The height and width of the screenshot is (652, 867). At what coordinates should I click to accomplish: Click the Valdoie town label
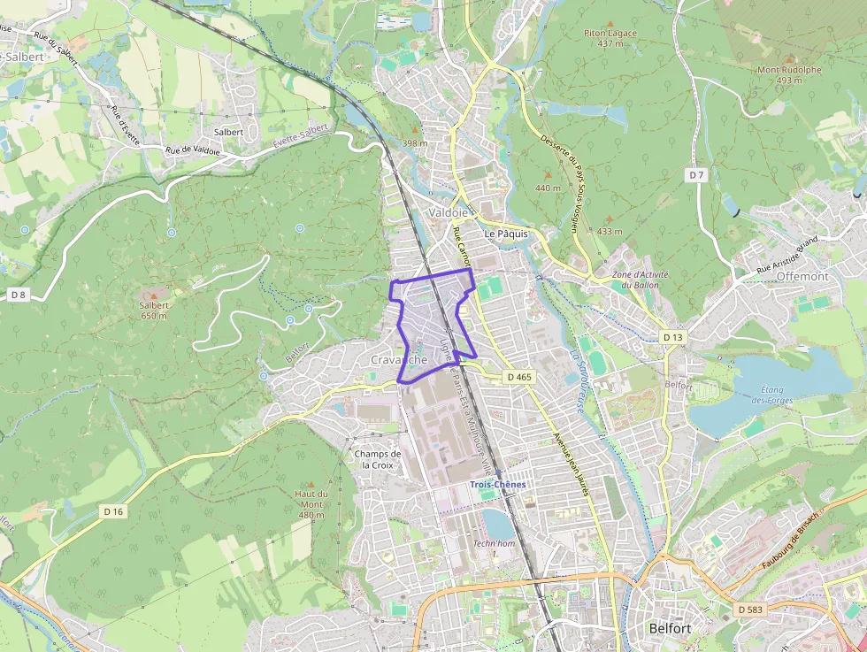tap(448, 213)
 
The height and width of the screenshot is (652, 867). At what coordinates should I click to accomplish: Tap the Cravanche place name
tap(399, 360)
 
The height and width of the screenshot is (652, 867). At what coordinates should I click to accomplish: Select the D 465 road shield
tap(520, 377)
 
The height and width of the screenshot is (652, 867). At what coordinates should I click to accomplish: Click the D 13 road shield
tap(673, 337)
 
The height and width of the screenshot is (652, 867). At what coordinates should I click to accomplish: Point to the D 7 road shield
tap(697, 175)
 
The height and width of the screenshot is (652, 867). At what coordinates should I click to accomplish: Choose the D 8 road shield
tap(18, 293)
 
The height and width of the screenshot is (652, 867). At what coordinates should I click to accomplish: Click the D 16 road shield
tap(112, 510)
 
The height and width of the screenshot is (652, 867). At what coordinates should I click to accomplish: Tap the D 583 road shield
tap(748, 610)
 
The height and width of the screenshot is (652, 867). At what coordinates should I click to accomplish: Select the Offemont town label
tap(802, 276)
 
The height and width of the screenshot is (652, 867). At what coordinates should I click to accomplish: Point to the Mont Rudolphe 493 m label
tap(788, 74)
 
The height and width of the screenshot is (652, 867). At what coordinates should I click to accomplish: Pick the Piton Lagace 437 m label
tap(610, 38)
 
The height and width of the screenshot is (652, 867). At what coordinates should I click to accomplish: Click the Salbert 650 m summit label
tap(154, 311)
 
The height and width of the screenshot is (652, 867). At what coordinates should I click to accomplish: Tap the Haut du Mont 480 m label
tap(311, 504)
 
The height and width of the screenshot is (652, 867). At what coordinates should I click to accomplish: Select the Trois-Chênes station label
tap(497, 484)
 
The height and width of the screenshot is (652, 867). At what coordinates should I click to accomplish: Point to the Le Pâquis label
tap(506, 234)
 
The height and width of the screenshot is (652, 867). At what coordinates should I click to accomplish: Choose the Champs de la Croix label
tap(378, 459)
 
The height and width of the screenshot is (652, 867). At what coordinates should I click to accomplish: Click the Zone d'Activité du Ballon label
tap(641, 280)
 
